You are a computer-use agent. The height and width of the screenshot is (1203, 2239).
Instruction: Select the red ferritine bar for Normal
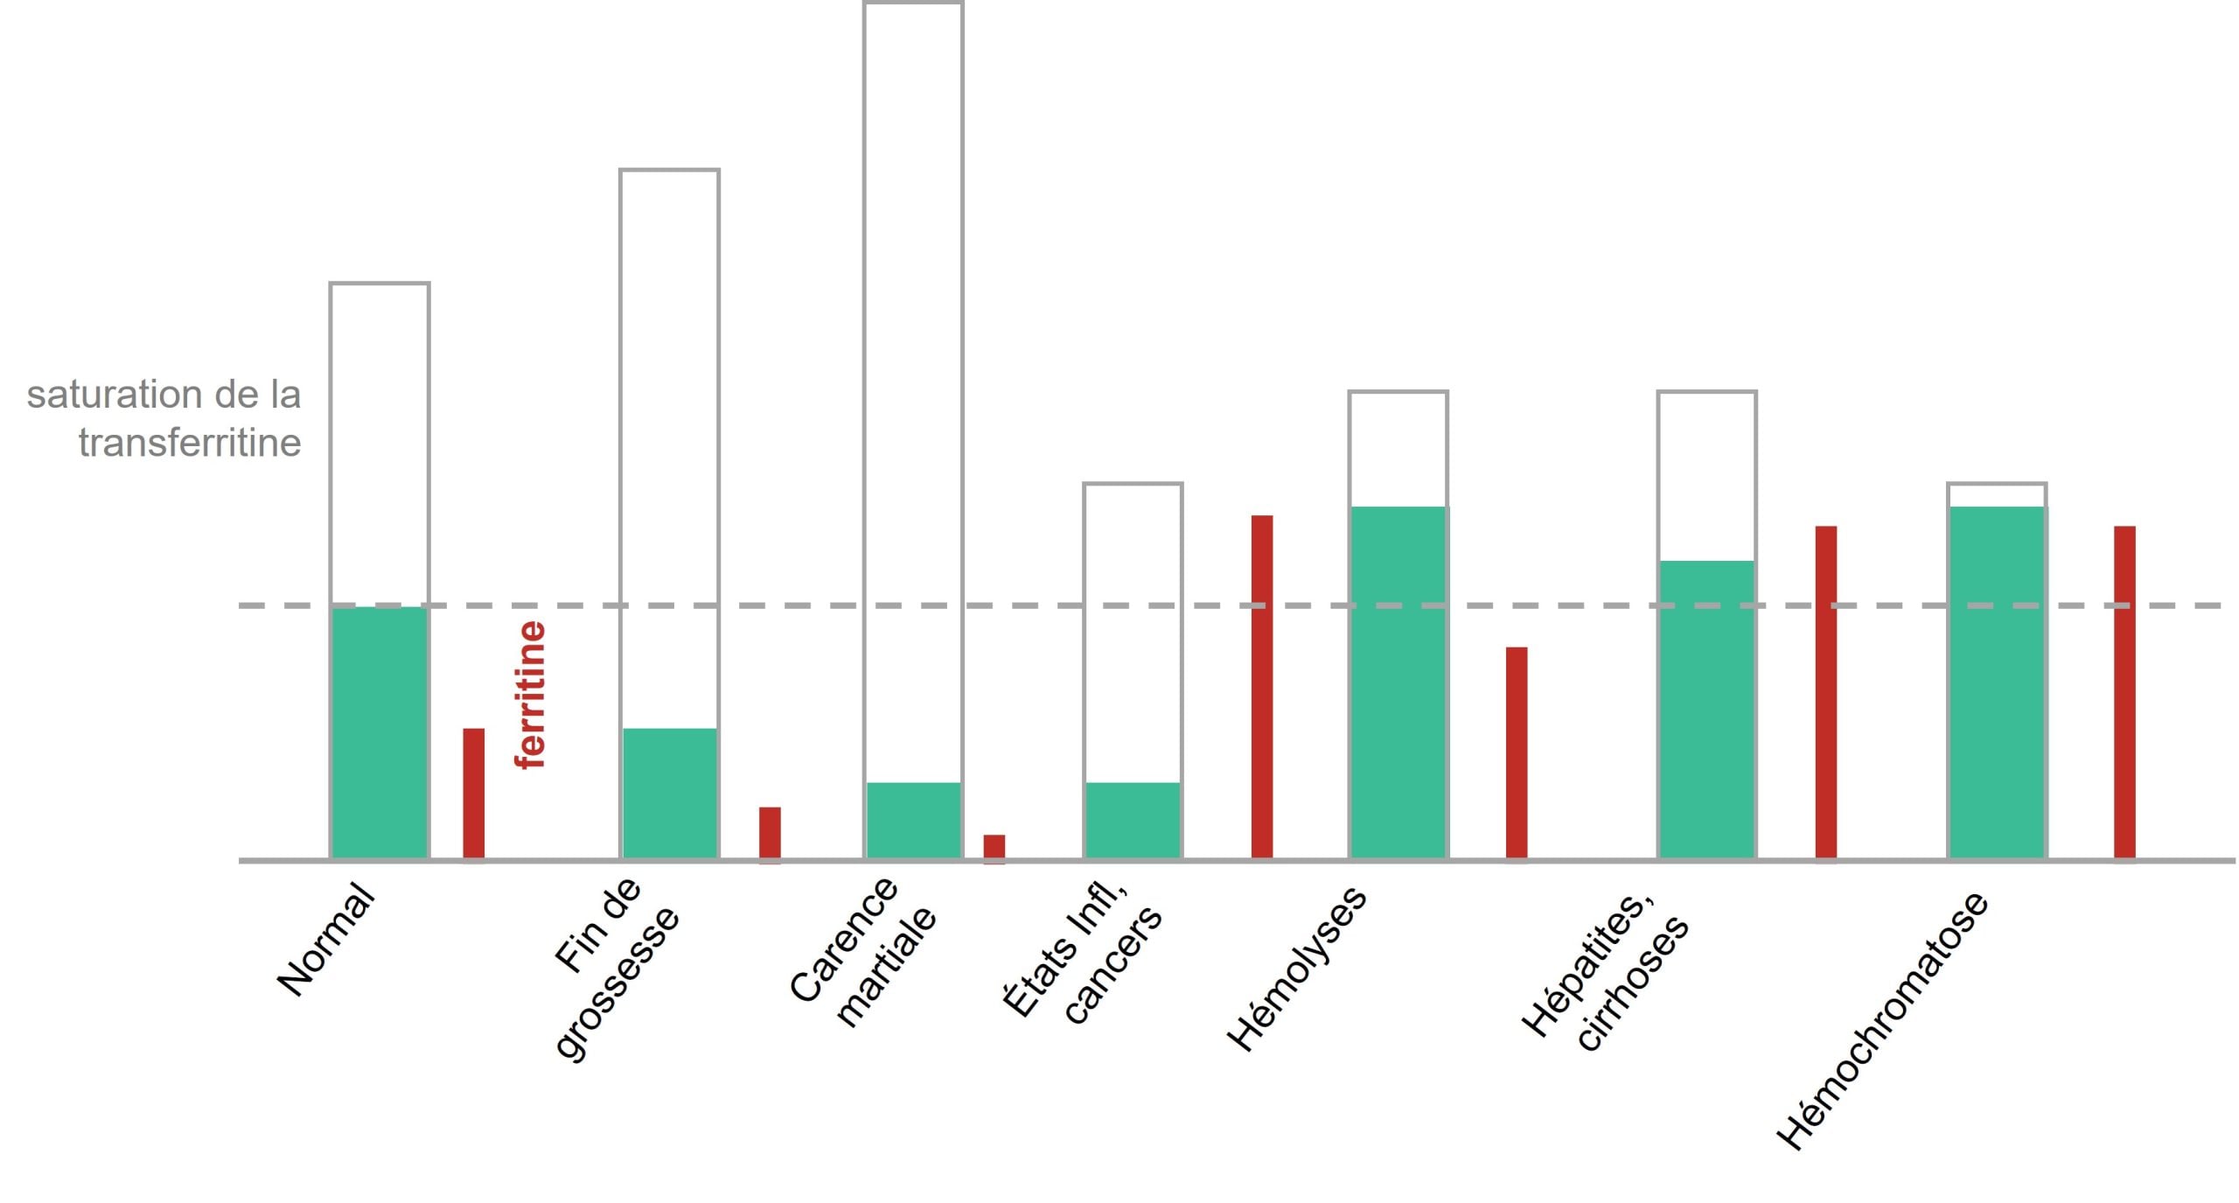(x=473, y=793)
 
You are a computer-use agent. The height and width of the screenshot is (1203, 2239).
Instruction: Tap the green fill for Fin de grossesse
(x=669, y=793)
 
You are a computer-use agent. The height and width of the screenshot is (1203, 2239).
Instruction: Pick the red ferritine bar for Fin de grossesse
(x=770, y=833)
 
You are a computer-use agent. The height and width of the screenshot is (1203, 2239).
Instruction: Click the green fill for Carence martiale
(x=913, y=820)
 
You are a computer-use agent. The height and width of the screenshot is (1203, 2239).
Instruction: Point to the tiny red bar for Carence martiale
(x=994, y=848)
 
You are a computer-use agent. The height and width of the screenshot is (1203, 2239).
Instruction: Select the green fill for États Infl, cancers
(x=1133, y=820)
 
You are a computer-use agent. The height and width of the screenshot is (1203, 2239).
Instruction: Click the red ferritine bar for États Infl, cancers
(x=1261, y=687)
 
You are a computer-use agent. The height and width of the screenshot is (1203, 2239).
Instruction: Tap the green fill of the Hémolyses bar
(x=1398, y=682)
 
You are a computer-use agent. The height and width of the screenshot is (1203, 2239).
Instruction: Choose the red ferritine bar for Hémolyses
(x=1517, y=752)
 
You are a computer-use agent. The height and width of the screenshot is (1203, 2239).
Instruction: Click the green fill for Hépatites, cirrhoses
(x=1706, y=709)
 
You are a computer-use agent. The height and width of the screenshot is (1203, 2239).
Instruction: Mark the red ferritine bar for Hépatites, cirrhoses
(x=1825, y=691)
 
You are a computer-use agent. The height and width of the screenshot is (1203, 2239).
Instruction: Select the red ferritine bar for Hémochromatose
(x=2124, y=691)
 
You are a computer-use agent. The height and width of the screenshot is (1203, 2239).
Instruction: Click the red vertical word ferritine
(x=531, y=695)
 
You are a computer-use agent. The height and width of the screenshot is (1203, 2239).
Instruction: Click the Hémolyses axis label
(x=1296, y=969)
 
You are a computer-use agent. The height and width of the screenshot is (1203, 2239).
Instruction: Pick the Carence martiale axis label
(x=862, y=954)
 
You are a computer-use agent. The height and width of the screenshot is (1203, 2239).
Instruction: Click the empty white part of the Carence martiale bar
(x=913, y=394)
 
